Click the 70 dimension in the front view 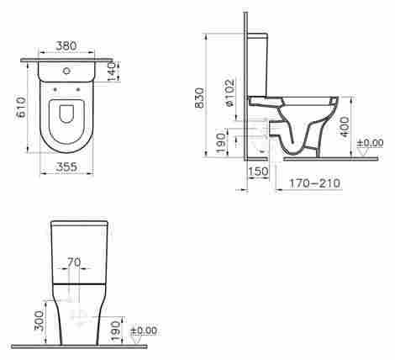pyautogui.click(x=74, y=262)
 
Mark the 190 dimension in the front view pyautogui.click(x=117, y=326)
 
